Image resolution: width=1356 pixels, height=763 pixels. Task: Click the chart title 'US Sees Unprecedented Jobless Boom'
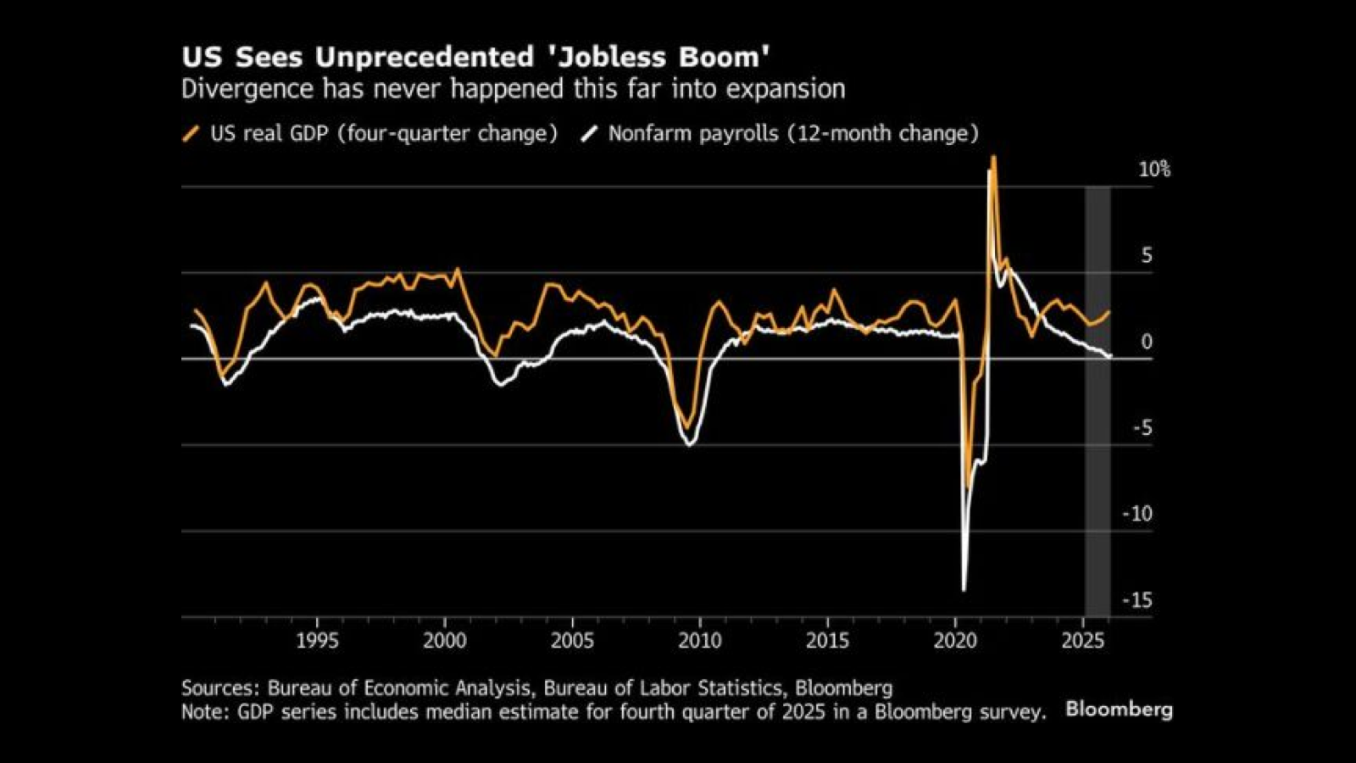coord(475,58)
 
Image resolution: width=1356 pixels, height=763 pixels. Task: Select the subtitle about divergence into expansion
coord(513,90)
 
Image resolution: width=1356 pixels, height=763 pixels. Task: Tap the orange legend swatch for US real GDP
coord(192,134)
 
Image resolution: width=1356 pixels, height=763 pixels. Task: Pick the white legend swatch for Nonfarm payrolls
coord(589,134)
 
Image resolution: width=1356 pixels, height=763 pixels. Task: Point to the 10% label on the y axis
coord(1153,170)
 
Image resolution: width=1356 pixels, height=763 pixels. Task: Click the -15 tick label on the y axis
coord(1137,600)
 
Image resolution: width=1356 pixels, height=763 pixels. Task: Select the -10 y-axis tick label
coord(1137,514)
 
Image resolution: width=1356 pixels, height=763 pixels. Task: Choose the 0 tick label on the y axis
coord(1147,342)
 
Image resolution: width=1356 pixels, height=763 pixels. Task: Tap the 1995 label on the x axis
coord(317,641)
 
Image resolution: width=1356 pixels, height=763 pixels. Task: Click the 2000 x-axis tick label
coord(444,641)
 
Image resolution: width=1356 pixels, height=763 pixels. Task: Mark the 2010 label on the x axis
coord(700,641)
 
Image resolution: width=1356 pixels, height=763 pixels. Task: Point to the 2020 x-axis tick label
coord(955,641)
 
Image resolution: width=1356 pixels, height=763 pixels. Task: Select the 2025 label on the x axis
coord(1083,641)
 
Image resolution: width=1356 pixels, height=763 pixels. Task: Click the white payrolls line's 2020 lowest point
coord(964,589)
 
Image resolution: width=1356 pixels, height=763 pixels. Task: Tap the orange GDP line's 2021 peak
coord(993,158)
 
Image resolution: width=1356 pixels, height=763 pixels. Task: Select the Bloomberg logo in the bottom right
coord(1119,710)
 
